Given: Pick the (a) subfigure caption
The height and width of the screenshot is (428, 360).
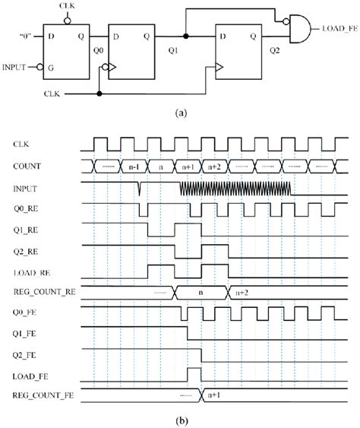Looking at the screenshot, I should tap(180, 111).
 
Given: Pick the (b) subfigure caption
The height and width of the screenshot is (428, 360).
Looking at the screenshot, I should tap(180, 419).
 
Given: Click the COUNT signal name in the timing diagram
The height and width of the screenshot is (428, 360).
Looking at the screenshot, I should tap(29, 164).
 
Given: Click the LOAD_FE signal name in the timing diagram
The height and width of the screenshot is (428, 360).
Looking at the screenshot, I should tap(33, 375).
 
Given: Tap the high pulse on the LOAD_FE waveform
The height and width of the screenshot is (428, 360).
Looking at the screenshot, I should tap(193, 372).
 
